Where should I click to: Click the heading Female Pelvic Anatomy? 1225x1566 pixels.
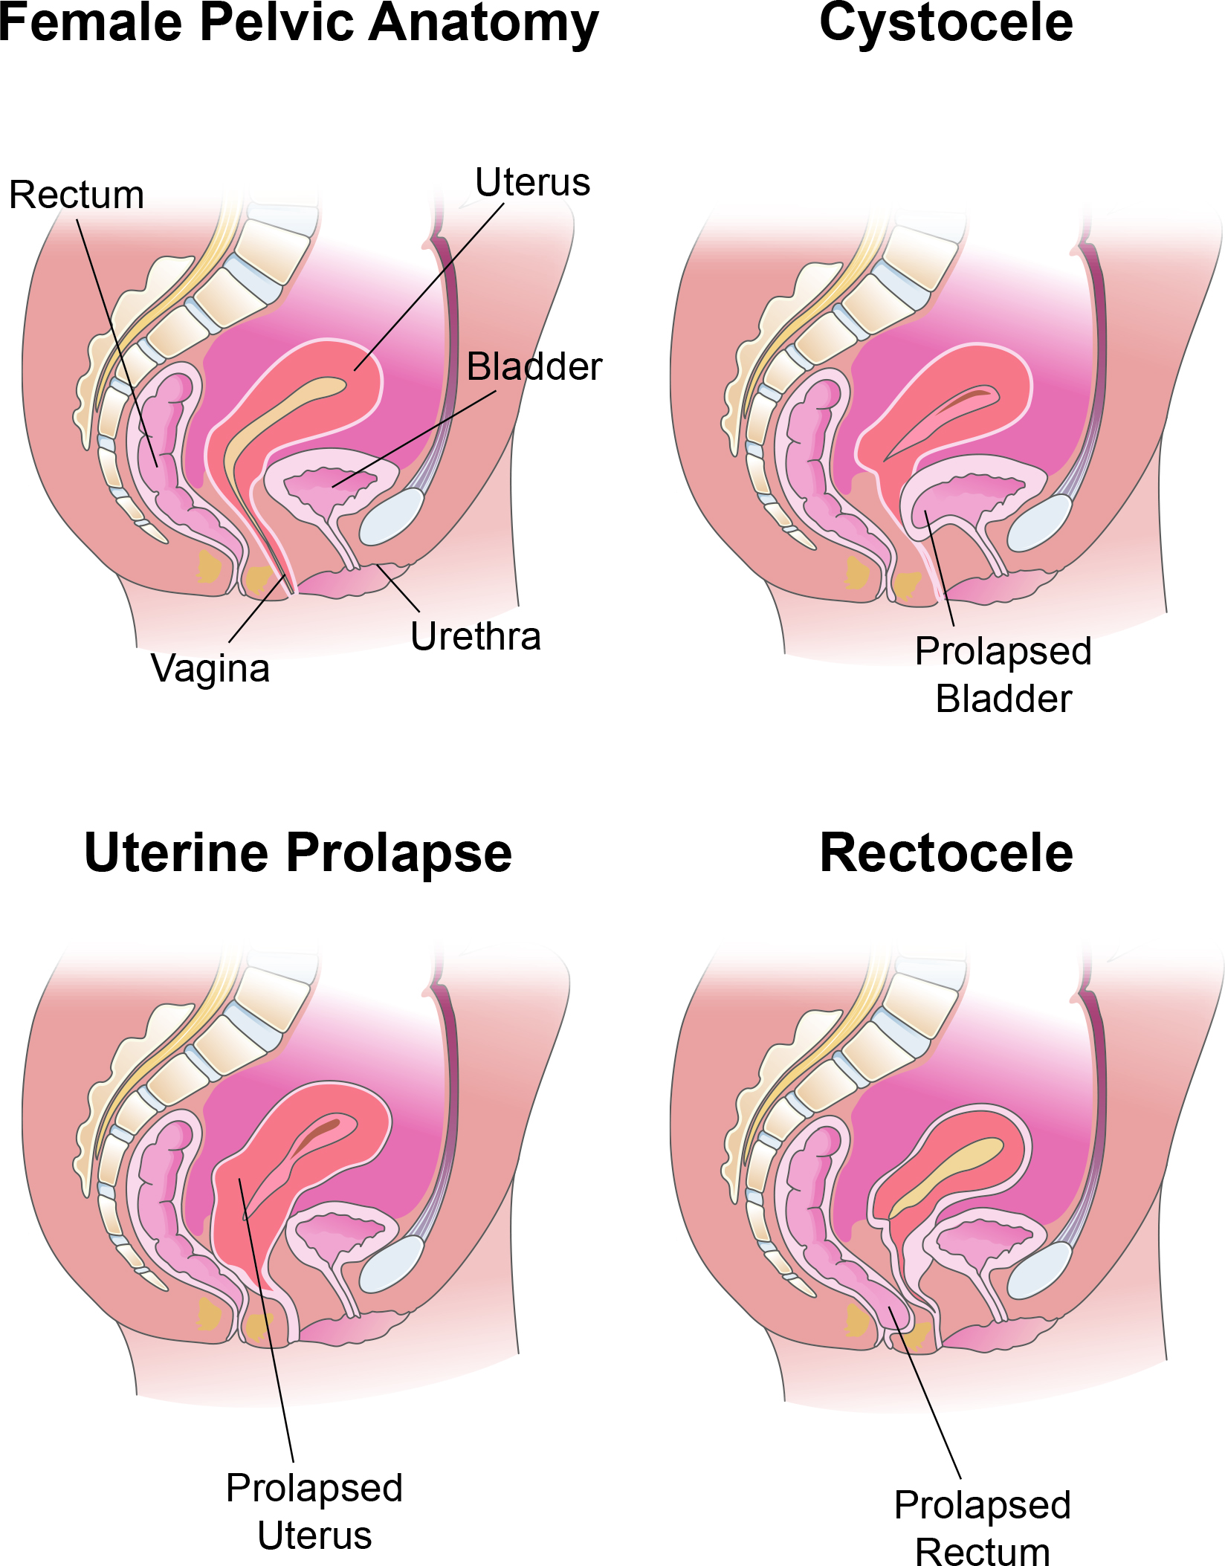pos(299,24)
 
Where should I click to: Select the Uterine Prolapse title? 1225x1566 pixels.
pos(298,853)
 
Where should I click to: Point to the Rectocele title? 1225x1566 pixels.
pos(946,852)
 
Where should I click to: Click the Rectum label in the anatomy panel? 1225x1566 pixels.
pos(77,195)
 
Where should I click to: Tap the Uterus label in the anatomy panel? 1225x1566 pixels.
pos(532,182)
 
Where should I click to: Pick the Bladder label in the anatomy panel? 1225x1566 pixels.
pos(534,366)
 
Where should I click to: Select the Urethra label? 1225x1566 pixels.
pos(476,636)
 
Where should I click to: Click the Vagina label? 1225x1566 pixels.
pos(210,669)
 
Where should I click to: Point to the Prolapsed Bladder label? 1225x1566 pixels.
pos(1003,675)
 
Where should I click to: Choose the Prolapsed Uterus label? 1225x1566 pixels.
pos(314,1512)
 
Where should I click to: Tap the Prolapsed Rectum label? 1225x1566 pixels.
pos(983,1528)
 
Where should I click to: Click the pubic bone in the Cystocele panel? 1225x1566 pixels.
pos(1039,523)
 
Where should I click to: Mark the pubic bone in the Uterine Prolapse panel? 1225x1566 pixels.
pos(391,1266)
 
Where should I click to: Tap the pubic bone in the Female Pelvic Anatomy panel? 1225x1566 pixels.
pos(391,517)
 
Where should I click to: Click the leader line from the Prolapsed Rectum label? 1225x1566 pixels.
pos(925,1393)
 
